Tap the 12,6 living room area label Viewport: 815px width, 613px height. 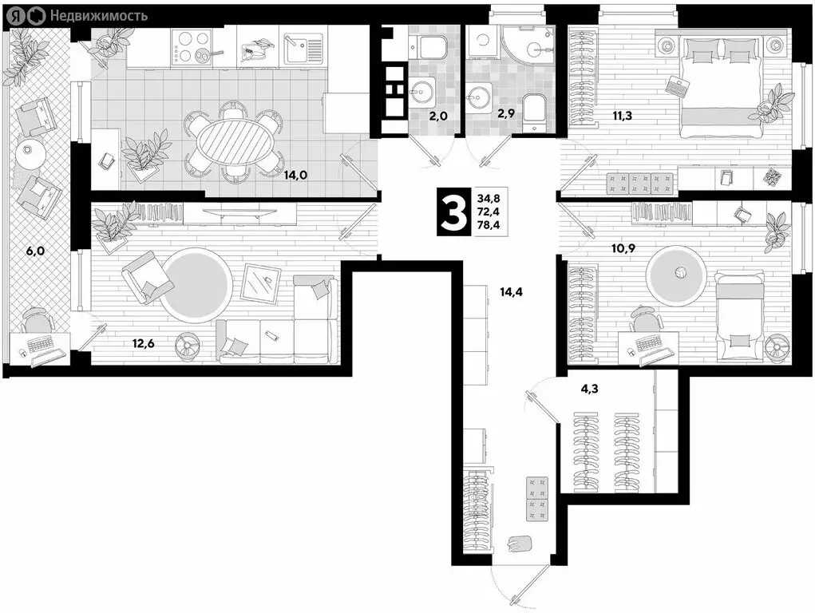(144, 344)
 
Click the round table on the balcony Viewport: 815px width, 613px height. (30, 152)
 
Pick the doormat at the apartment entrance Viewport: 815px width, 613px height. (522, 543)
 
